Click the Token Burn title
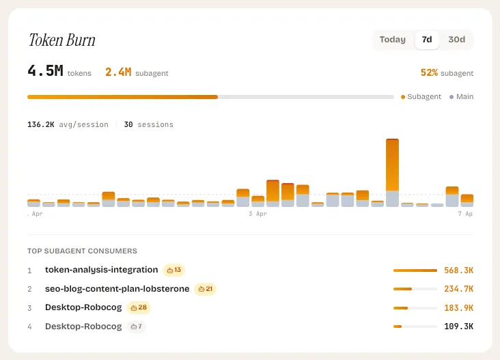tap(61, 40)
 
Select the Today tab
tap(393, 40)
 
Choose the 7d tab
tap(427, 40)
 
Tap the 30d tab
tap(456, 40)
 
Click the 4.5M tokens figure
tap(45, 71)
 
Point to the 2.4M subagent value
tap(118, 72)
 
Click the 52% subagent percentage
tap(429, 72)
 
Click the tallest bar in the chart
tap(392, 172)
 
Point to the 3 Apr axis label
tap(258, 214)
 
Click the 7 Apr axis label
tap(464, 214)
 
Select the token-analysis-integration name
tap(101, 270)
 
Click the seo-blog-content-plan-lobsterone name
tap(117, 289)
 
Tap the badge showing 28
tap(139, 307)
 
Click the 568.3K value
tap(458, 271)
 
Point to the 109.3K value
tap(458, 327)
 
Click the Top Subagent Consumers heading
tap(82, 251)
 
